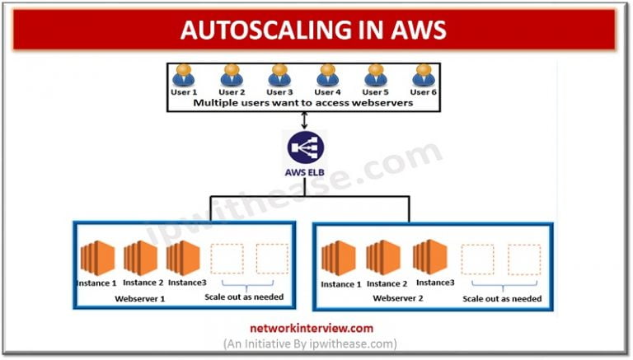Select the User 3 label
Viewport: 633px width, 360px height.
click(x=279, y=91)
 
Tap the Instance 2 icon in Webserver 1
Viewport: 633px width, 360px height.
click(x=141, y=258)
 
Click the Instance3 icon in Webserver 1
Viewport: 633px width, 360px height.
click(x=183, y=258)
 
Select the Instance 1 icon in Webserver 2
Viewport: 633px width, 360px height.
click(x=340, y=258)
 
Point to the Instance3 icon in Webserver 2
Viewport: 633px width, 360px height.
click(x=430, y=258)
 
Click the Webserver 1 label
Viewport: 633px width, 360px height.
click(x=141, y=297)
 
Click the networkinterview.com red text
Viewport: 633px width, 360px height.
click(x=312, y=328)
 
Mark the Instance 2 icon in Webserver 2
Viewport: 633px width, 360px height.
click(x=383, y=258)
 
